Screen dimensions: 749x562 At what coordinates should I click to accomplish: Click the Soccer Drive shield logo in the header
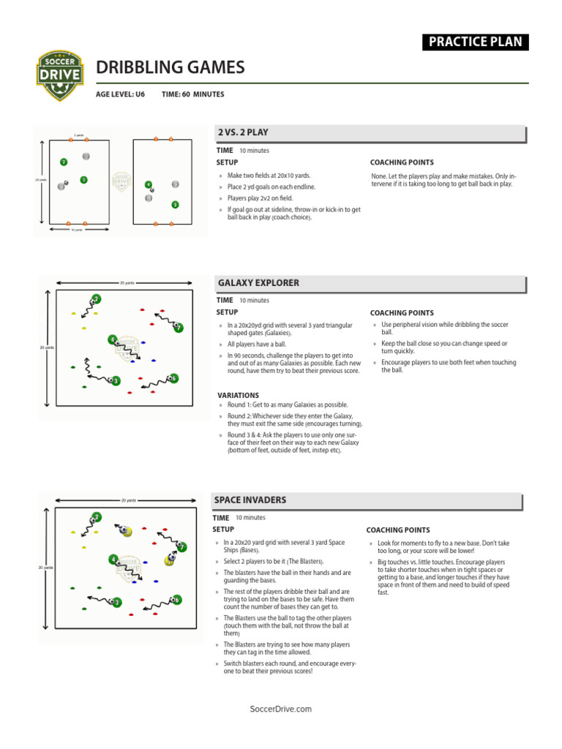coord(61,75)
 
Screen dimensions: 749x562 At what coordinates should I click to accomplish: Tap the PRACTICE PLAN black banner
coord(476,42)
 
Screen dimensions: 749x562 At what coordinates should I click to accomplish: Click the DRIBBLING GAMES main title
coord(171,68)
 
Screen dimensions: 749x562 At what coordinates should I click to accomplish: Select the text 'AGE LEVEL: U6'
coord(121,94)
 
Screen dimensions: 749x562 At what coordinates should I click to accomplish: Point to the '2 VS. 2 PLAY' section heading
coord(243,132)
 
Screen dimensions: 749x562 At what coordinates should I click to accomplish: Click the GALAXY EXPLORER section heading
coord(258,283)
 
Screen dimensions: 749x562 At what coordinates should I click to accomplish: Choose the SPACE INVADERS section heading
coord(250,500)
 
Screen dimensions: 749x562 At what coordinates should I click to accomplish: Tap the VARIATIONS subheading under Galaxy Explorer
coord(238,395)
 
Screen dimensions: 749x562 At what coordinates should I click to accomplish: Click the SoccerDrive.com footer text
coord(281,709)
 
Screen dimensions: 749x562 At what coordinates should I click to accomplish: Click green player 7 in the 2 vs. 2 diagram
coord(64,162)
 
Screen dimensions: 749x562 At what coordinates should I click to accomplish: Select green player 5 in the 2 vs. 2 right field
coord(175,205)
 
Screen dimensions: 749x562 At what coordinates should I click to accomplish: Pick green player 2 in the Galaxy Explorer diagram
coord(96,298)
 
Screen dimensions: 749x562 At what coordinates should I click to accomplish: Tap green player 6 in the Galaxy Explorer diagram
coord(173,378)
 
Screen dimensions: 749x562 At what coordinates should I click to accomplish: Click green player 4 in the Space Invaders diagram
coord(113,560)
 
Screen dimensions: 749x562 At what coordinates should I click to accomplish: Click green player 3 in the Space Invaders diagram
coord(116,602)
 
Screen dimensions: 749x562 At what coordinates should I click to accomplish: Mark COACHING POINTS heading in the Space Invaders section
coord(398,530)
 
